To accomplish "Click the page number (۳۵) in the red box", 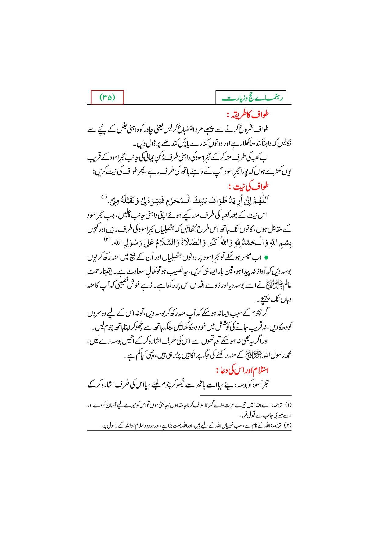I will (107, 98).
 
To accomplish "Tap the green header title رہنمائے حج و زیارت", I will (251, 98).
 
